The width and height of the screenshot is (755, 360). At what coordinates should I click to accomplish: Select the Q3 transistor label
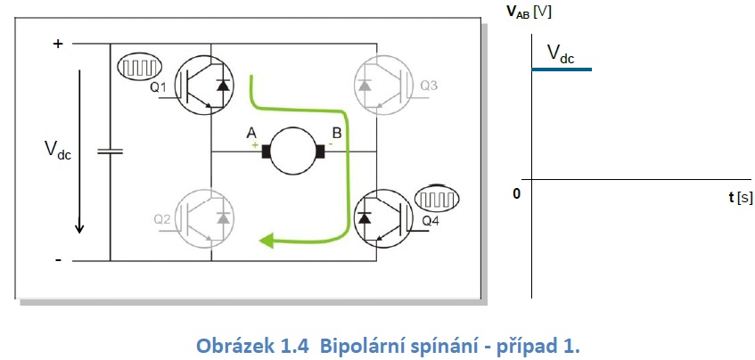[x=430, y=86]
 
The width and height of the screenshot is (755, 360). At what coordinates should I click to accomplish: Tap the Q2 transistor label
[x=162, y=218]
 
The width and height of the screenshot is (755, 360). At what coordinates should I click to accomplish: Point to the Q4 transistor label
[x=430, y=219]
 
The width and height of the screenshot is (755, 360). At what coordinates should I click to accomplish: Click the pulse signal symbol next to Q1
[x=138, y=66]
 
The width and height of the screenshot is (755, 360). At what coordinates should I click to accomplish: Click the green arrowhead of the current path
[x=264, y=238]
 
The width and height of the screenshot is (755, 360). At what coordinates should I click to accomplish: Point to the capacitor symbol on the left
[x=111, y=151]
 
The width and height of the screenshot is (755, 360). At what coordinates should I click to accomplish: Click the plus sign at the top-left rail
[x=59, y=43]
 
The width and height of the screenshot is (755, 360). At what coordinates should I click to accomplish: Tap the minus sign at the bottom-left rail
[x=59, y=259]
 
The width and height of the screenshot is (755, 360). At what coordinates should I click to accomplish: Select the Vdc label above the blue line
[x=561, y=55]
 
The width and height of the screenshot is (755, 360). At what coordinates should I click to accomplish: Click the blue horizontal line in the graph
[x=561, y=69]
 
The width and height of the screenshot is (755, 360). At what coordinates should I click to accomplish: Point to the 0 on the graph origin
[x=516, y=192]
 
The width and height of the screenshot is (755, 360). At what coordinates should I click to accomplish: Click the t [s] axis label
[x=739, y=196]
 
